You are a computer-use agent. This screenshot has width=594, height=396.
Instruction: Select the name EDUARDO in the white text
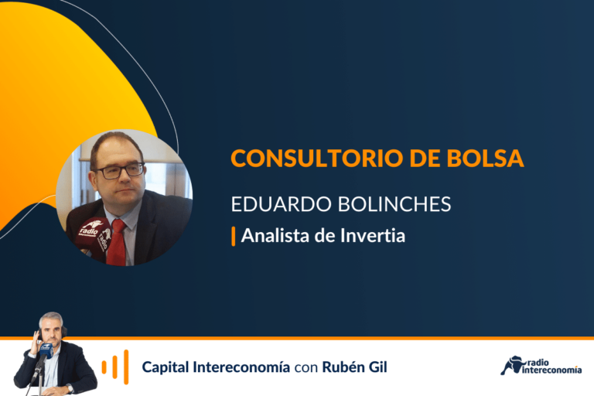pos(282,204)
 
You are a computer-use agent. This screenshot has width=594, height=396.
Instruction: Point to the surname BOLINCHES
pos(394,204)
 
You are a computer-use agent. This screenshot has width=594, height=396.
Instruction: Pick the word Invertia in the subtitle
pos(373,235)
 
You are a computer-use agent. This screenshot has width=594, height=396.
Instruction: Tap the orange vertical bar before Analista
pos(234,236)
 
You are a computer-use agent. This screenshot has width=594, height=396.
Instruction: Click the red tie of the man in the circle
pos(118,242)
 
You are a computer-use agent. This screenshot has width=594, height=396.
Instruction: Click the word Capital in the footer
pos(166,367)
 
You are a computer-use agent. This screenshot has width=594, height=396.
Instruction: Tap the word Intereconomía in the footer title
pos(241,367)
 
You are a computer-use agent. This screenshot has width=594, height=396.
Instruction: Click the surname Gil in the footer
pos(378,367)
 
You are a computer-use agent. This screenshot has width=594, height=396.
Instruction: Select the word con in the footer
pos(306,368)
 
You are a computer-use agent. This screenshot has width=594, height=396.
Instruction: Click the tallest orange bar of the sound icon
pos(126,367)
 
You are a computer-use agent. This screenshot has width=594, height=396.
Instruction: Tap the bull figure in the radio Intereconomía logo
pos(511,365)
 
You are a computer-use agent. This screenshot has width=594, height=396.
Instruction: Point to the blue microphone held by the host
pos(46,350)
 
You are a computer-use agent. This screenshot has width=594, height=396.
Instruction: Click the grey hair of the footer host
pos(51,318)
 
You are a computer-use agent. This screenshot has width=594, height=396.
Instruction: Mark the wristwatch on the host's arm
pos(70,388)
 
